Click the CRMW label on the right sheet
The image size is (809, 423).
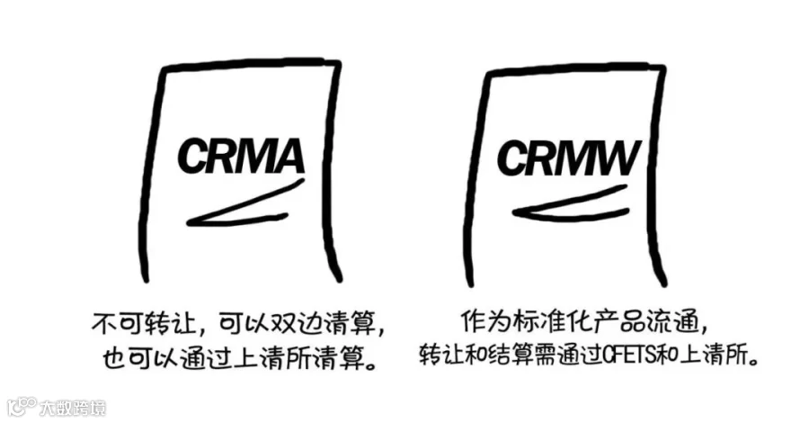tap(569, 159)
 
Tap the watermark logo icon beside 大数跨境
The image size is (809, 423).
tap(22, 406)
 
